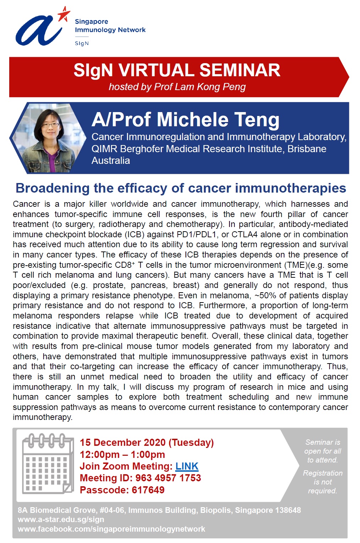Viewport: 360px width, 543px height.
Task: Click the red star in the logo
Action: click(64, 14)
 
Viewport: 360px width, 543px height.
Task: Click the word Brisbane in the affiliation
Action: click(307, 149)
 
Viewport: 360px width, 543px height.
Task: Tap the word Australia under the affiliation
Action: click(111, 160)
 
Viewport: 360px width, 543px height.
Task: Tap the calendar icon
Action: click(48, 464)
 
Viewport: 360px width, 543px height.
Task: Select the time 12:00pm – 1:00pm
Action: click(122, 454)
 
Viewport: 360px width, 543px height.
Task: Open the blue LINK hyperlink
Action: click(187, 466)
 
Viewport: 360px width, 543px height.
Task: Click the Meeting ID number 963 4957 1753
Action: click(168, 478)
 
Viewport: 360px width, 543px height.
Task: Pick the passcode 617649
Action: click(148, 490)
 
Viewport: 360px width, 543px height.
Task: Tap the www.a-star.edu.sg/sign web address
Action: click(61, 520)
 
